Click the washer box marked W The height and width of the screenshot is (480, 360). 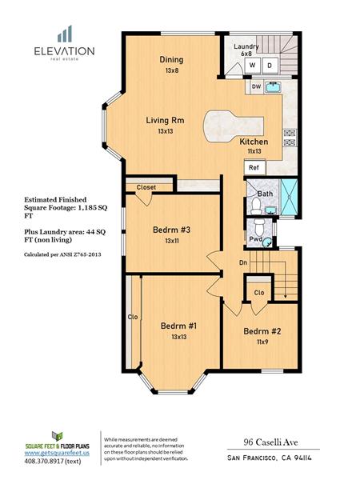click(253, 66)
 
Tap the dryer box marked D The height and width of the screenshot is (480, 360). click(270, 66)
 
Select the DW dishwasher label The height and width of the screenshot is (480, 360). click(256, 86)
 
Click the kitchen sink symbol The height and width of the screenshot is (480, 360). click(274, 86)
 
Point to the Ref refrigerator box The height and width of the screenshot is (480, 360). click(254, 168)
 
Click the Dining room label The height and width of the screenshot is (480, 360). click(171, 60)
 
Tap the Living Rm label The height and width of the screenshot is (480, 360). click(166, 120)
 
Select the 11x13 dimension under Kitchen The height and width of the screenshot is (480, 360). click(254, 151)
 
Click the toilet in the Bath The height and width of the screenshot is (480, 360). click(256, 206)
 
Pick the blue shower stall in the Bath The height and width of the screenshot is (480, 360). click(289, 197)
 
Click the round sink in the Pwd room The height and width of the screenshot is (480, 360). click(267, 242)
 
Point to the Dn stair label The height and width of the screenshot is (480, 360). click(243, 262)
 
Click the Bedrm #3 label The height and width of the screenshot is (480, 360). click(172, 230)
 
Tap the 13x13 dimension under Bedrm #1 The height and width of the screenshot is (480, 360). click(179, 337)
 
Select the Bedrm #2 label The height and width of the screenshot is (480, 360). click(262, 331)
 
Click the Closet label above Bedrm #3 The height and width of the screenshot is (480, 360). click(146, 187)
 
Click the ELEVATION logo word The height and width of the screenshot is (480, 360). click(64, 51)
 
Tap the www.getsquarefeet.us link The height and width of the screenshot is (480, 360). click(57, 453)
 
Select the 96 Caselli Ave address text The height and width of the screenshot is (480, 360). click(270, 442)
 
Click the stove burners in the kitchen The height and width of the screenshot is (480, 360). click(290, 138)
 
